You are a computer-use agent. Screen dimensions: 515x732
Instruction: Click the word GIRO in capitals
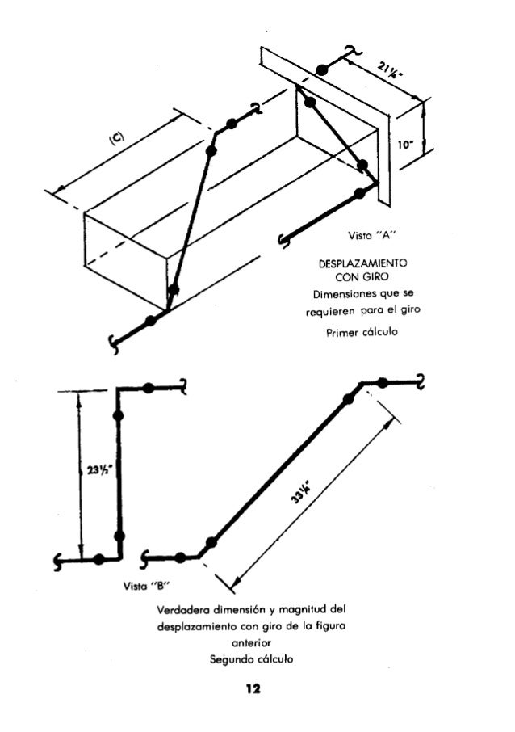point(383,278)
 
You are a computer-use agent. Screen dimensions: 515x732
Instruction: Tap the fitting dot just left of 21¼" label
point(321,71)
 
